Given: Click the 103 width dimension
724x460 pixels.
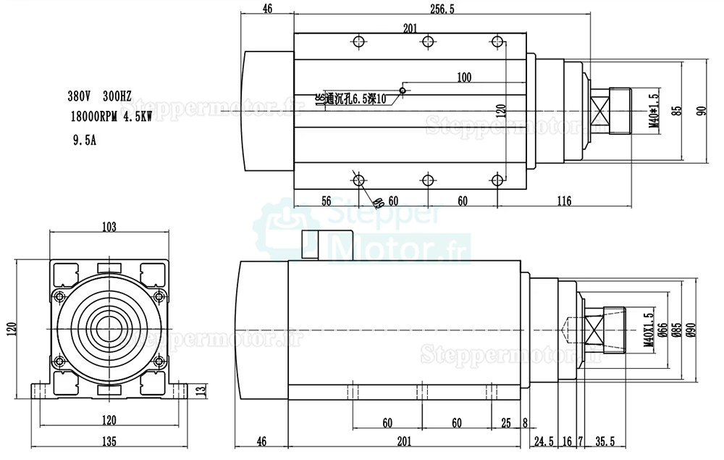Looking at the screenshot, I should [109, 227].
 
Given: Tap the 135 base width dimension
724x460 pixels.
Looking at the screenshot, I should [109, 440].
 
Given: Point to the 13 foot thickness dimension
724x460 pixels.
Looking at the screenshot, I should [201, 390].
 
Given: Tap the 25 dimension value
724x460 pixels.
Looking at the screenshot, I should [506, 422].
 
